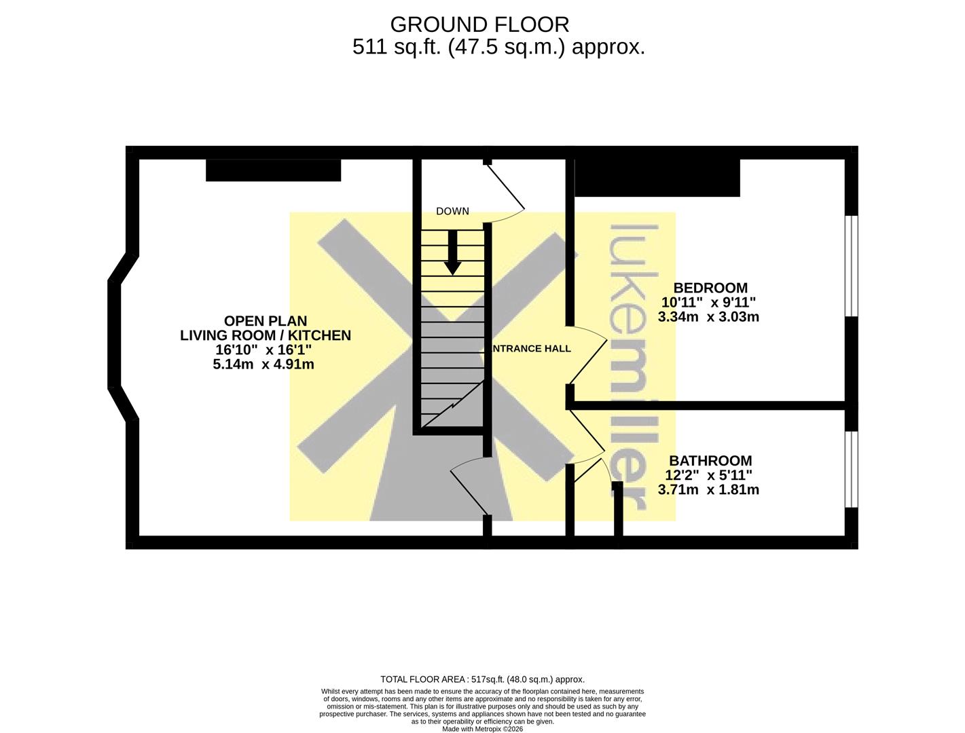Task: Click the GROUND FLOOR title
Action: pos(479,24)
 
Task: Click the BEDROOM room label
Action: pos(710,288)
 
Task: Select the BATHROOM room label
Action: pos(710,461)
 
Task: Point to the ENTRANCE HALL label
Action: pos(531,348)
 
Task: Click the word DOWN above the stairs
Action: pos(452,211)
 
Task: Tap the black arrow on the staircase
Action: pos(452,252)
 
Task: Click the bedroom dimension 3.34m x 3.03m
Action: pos(708,317)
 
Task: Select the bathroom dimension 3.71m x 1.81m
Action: pos(708,490)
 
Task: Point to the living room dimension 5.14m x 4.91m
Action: pos(263,364)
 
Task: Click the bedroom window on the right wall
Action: pos(852,265)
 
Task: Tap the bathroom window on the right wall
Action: pos(852,470)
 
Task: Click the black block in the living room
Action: pos(274,170)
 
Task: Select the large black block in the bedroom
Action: pos(657,177)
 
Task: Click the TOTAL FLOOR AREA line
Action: pos(482,679)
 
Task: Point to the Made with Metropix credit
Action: pos(482,729)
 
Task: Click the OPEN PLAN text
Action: pos(266,320)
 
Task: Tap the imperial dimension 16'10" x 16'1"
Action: pos(263,350)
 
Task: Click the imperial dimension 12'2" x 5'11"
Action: pos(708,475)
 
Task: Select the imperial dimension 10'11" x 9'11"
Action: pos(708,302)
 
